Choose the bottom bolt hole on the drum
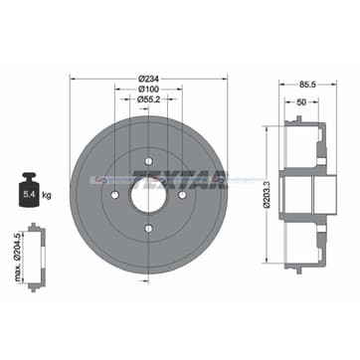click(x=148, y=230)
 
